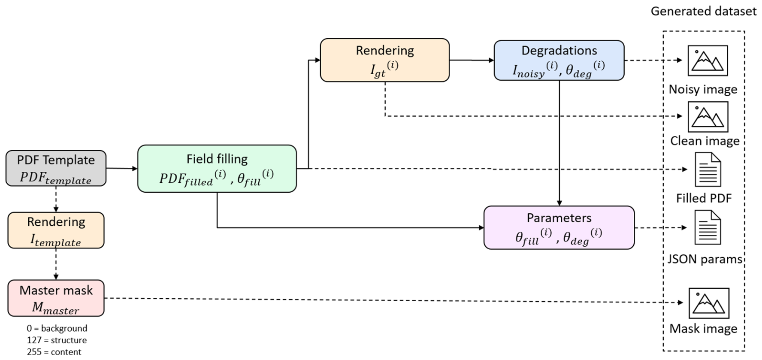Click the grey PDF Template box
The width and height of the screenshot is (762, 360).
[56, 168]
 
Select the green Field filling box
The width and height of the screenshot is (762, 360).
[217, 169]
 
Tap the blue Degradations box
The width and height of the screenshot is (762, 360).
[559, 61]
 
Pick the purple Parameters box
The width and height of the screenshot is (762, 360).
[559, 227]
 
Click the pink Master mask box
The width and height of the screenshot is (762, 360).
[56, 298]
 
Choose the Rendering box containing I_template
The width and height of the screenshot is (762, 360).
[56, 230]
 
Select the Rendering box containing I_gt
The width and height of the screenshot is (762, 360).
[385, 60]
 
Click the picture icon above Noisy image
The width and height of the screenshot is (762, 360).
[708, 61]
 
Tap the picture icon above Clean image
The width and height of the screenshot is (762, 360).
[708, 117]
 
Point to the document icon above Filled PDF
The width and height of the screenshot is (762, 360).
[708, 169]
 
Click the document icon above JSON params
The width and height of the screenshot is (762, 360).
[708, 227]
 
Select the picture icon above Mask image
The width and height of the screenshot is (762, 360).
[709, 303]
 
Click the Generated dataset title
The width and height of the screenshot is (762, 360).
[704, 11]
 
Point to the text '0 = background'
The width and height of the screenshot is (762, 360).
[57, 328]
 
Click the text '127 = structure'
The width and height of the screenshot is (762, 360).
[57, 340]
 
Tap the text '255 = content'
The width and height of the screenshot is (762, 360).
[54, 352]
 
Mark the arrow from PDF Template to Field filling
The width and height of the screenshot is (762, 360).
[122, 169]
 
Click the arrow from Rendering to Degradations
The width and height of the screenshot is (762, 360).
[472, 60]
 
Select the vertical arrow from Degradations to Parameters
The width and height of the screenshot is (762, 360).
[559, 143]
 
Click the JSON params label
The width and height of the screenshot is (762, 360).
[705, 259]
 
